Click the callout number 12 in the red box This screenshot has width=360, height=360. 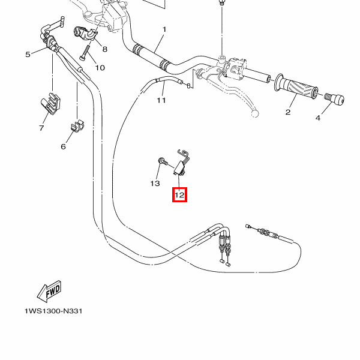pyautogui.click(x=179, y=195)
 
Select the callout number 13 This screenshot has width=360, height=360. pyautogui.click(x=155, y=184)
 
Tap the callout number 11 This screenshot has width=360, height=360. pyautogui.click(x=161, y=100)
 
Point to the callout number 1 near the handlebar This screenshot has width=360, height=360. pyautogui.click(x=164, y=29)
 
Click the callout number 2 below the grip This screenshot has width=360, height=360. pyautogui.click(x=288, y=112)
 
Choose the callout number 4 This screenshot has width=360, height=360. pyautogui.click(x=318, y=118)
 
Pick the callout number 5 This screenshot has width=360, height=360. pyautogui.click(x=28, y=55)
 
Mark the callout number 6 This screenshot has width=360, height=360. pyautogui.click(x=64, y=146)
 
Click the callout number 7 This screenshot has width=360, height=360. pyautogui.click(x=41, y=128)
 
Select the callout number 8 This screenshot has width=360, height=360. pyautogui.click(x=104, y=49)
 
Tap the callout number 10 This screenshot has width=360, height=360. pyautogui.click(x=100, y=68)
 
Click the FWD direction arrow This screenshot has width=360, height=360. pyautogui.click(x=49, y=292)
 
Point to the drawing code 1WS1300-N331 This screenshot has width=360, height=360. pyautogui.click(x=53, y=311)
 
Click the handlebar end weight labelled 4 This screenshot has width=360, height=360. pyautogui.click(x=334, y=98)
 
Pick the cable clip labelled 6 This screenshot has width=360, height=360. pyautogui.click(x=77, y=126)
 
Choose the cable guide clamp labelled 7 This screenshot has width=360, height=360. pyautogui.click(x=50, y=103)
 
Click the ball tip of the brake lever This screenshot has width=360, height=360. pyautogui.click(x=255, y=113)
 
